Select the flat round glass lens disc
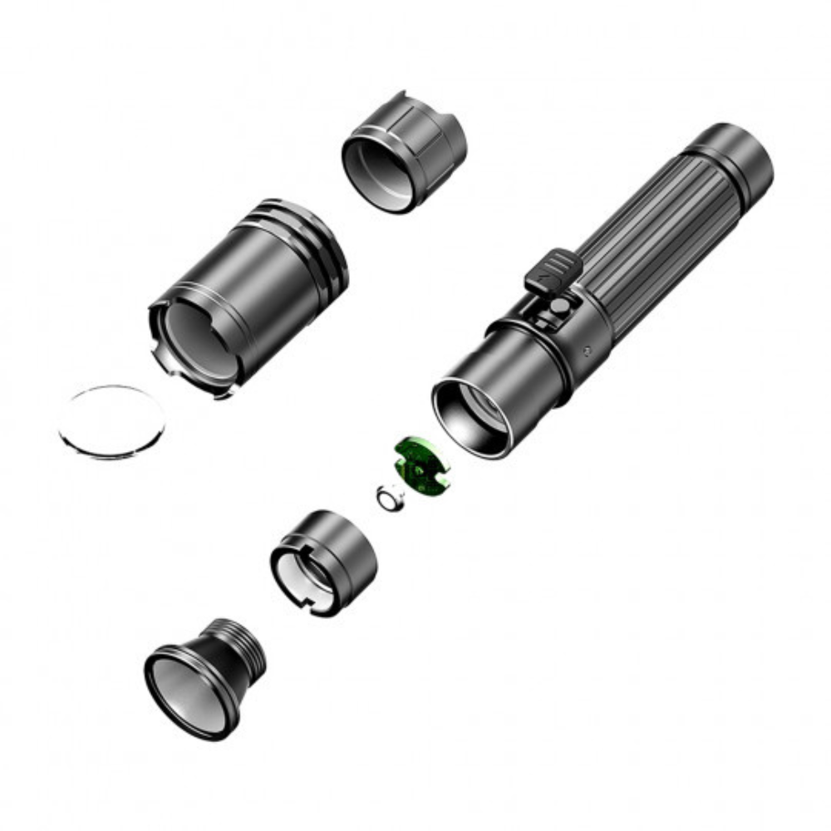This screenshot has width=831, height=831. [112, 422]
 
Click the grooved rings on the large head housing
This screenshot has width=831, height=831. [312, 241]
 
